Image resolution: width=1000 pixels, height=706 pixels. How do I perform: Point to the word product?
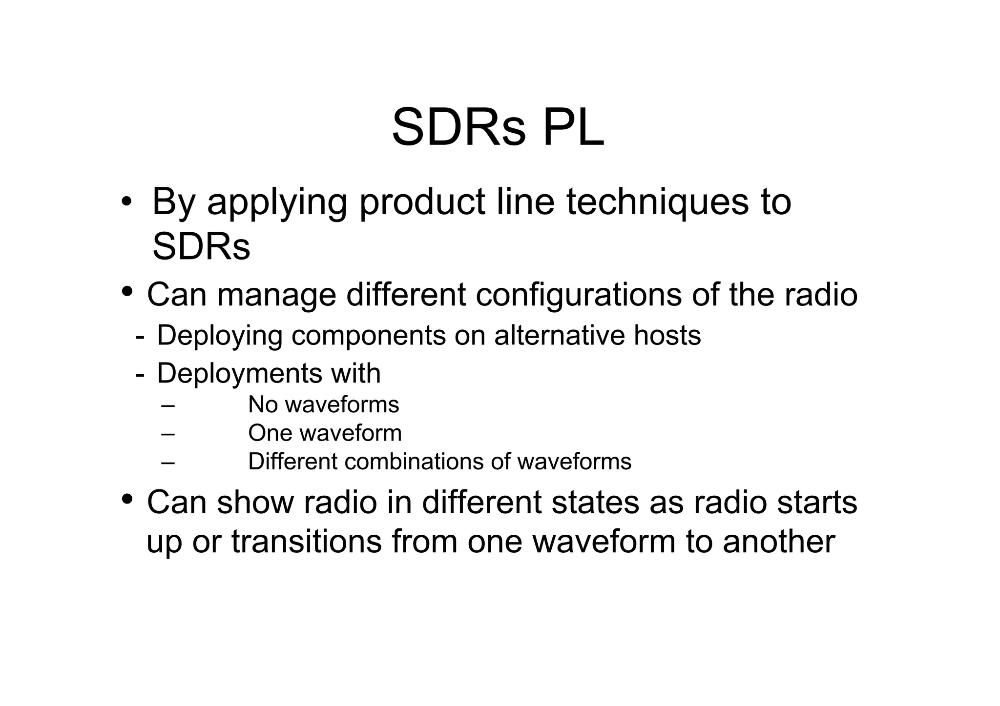[x=422, y=202]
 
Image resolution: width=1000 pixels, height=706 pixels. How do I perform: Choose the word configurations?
[x=578, y=296]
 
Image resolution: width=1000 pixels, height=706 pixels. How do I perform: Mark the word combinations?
[x=415, y=462]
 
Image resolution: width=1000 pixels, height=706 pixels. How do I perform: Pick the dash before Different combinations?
[x=167, y=462]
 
